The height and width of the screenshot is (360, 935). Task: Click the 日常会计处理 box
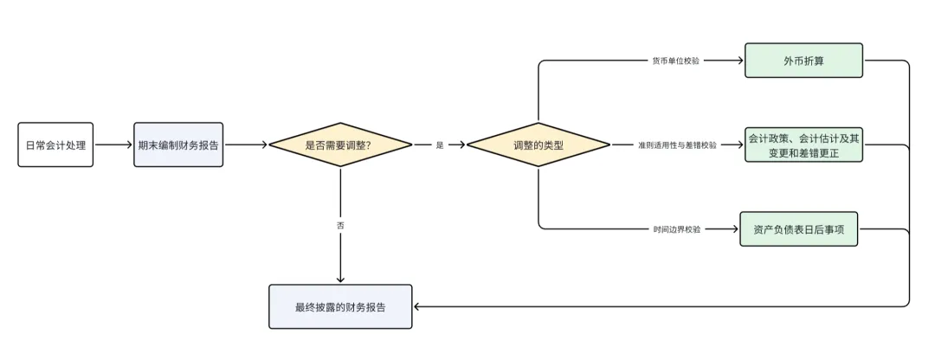(x=55, y=145)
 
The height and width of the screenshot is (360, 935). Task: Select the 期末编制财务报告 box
(x=179, y=145)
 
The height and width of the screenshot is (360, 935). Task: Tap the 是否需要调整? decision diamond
(x=339, y=145)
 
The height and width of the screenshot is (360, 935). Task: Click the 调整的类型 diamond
(x=538, y=145)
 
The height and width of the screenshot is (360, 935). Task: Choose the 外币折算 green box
(x=803, y=61)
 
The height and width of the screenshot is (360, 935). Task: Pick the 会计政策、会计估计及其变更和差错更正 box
(x=803, y=145)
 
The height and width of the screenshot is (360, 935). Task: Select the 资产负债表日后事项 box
(x=798, y=228)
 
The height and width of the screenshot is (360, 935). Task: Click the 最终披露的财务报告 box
(x=340, y=306)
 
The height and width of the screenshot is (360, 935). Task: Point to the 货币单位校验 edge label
(x=675, y=61)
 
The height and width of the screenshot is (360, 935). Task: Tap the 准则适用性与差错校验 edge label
(x=677, y=145)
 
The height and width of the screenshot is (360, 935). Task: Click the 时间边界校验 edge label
(x=677, y=229)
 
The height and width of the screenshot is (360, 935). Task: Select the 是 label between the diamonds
(x=440, y=145)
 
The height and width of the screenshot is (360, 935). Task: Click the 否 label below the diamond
(x=340, y=225)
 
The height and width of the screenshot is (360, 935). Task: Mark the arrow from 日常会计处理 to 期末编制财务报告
(x=113, y=145)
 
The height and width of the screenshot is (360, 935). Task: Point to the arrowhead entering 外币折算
(x=740, y=61)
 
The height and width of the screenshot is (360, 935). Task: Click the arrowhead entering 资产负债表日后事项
(x=735, y=228)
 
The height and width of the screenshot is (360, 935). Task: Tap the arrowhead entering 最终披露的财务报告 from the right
(x=417, y=306)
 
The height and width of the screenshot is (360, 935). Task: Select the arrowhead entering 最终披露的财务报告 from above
(x=340, y=279)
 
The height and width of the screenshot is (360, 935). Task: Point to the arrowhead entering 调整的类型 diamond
(x=462, y=145)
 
